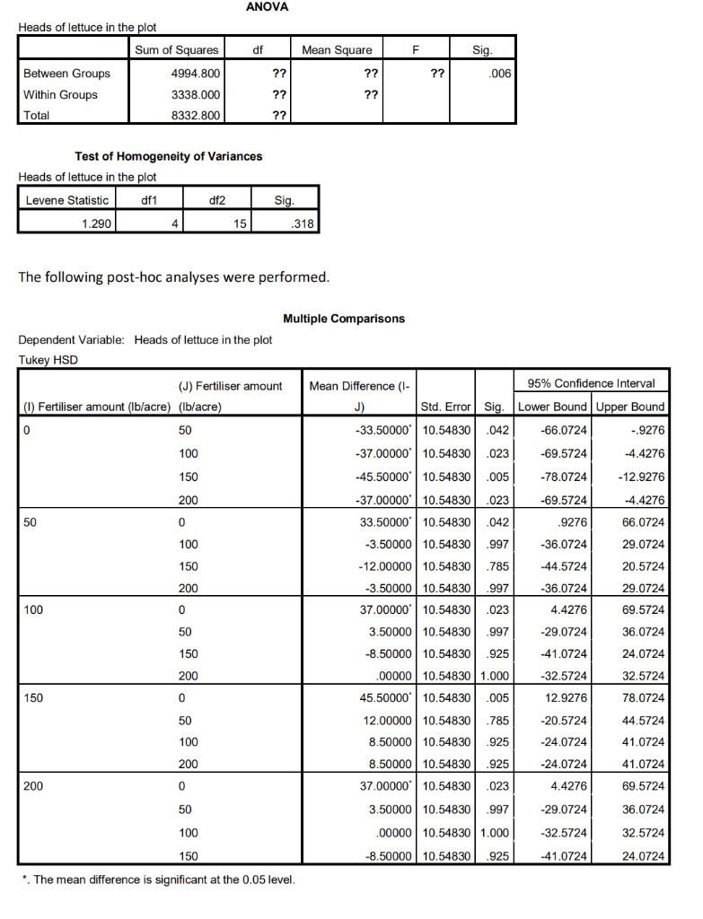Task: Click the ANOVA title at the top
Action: click(267, 7)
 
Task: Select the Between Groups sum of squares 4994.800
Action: click(196, 74)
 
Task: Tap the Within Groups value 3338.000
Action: click(196, 94)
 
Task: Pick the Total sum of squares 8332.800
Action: click(196, 115)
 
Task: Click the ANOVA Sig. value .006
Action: click(500, 74)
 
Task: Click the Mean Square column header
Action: click(337, 50)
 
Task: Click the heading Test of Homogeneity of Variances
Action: click(169, 156)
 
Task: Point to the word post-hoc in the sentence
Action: click(137, 276)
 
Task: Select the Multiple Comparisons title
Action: click(344, 319)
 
